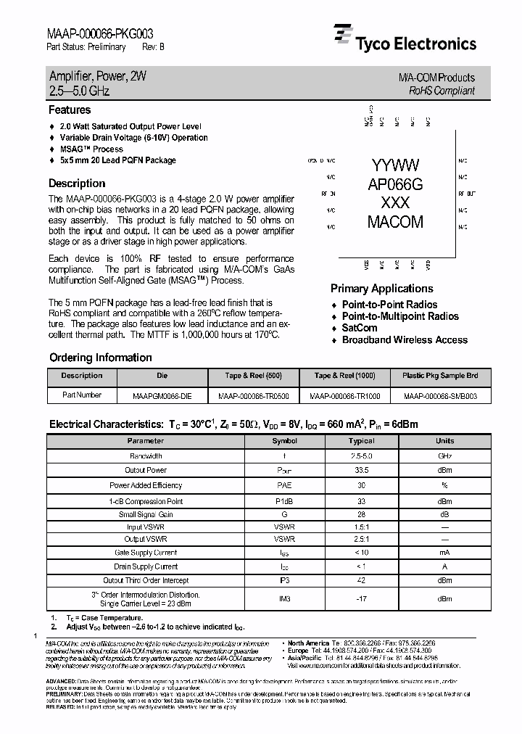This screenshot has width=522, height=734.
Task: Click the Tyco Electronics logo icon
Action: click(342, 36)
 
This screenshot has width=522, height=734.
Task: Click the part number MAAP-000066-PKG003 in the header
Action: click(100, 33)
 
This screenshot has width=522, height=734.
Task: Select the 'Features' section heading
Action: click(70, 110)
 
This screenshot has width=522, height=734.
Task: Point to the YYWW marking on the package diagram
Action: click(394, 165)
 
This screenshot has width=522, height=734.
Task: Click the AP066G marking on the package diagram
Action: click(395, 184)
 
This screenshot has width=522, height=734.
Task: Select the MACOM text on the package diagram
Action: click(395, 222)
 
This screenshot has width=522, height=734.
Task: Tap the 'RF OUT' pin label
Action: click(467, 194)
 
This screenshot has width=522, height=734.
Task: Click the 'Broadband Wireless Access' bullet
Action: click(405, 339)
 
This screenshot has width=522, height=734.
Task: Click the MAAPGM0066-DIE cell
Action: click(162, 396)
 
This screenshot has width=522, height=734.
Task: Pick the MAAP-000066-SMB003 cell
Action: click(441, 396)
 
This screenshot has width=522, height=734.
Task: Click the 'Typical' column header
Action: click(361, 440)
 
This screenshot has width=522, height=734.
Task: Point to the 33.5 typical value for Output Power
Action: click(361, 470)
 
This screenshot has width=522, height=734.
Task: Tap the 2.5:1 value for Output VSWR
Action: click(361, 539)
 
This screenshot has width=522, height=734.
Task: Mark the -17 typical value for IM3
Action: click(361, 598)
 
